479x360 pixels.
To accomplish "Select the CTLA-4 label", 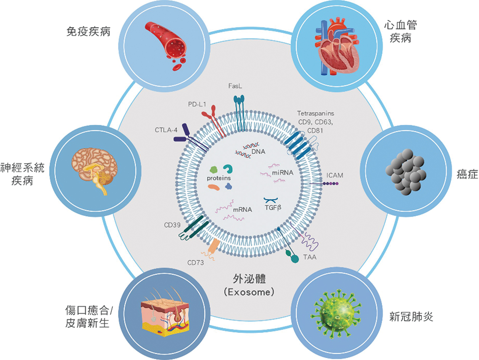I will pyautogui.click(x=166, y=130).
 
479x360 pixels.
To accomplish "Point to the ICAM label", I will pyautogui.click(x=334, y=175).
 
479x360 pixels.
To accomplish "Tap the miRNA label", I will pyautogui.click(x=283, y=173).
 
